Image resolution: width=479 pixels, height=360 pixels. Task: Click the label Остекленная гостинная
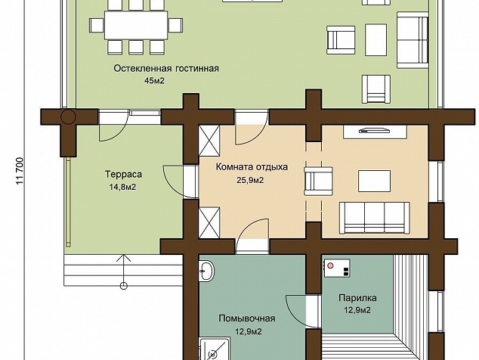point(166,68)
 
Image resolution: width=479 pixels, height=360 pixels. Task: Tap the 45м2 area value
point(155,81)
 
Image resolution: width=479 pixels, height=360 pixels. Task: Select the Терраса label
point(123,175)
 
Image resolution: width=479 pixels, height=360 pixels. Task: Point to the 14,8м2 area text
point(122,187)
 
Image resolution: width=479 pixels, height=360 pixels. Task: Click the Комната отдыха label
point(252,167)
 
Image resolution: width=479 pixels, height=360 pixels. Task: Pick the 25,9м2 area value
point(250,180)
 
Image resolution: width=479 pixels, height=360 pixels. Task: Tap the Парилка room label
point(357,297)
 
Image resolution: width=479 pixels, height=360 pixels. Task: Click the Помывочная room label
point(247,318)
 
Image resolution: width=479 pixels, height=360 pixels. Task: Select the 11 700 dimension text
point(20,171)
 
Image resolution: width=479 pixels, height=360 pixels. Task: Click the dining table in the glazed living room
point(136,25)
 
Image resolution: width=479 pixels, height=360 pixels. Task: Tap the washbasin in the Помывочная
point(207,271)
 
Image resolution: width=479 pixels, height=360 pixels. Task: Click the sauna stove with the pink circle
point(337,268)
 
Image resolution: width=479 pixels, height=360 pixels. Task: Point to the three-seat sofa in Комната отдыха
point(375,218)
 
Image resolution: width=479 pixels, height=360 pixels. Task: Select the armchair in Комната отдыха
point(318,181)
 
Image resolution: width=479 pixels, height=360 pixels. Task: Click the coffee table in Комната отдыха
point(374,181)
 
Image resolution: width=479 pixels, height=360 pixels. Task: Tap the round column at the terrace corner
point(68,116)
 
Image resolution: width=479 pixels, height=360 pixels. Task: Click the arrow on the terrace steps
point(124,272)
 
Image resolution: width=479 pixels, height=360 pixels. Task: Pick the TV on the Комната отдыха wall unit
point(375,131)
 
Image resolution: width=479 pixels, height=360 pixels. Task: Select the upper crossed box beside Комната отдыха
point(209,141)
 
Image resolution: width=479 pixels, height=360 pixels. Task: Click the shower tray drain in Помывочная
point(212,355)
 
